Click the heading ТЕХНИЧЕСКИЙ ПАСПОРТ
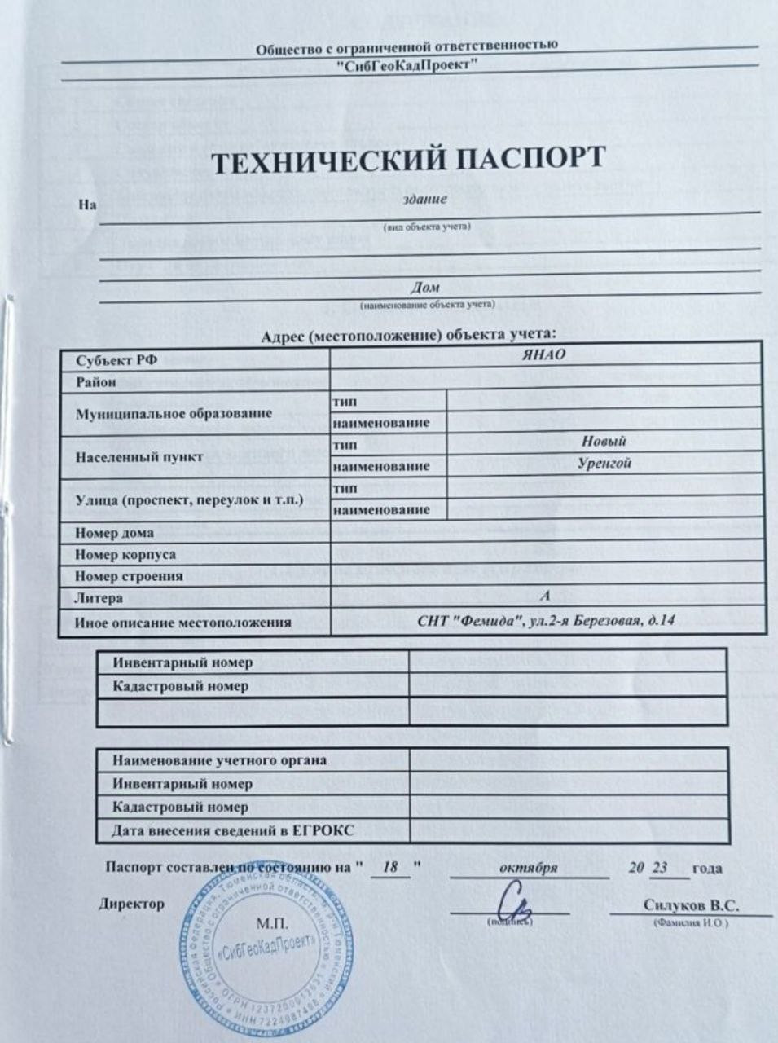(409, 161)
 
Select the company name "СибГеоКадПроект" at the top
(407, 65)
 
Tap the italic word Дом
(425, 287)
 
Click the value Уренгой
(604, 463)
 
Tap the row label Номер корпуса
(125, 554)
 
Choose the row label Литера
(99, 597)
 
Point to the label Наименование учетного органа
(218, 760)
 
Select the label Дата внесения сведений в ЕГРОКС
(233, 831)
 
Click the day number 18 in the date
(390, 867)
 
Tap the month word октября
(530, 867)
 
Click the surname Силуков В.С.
(690, 904)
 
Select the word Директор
(131, 903)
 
